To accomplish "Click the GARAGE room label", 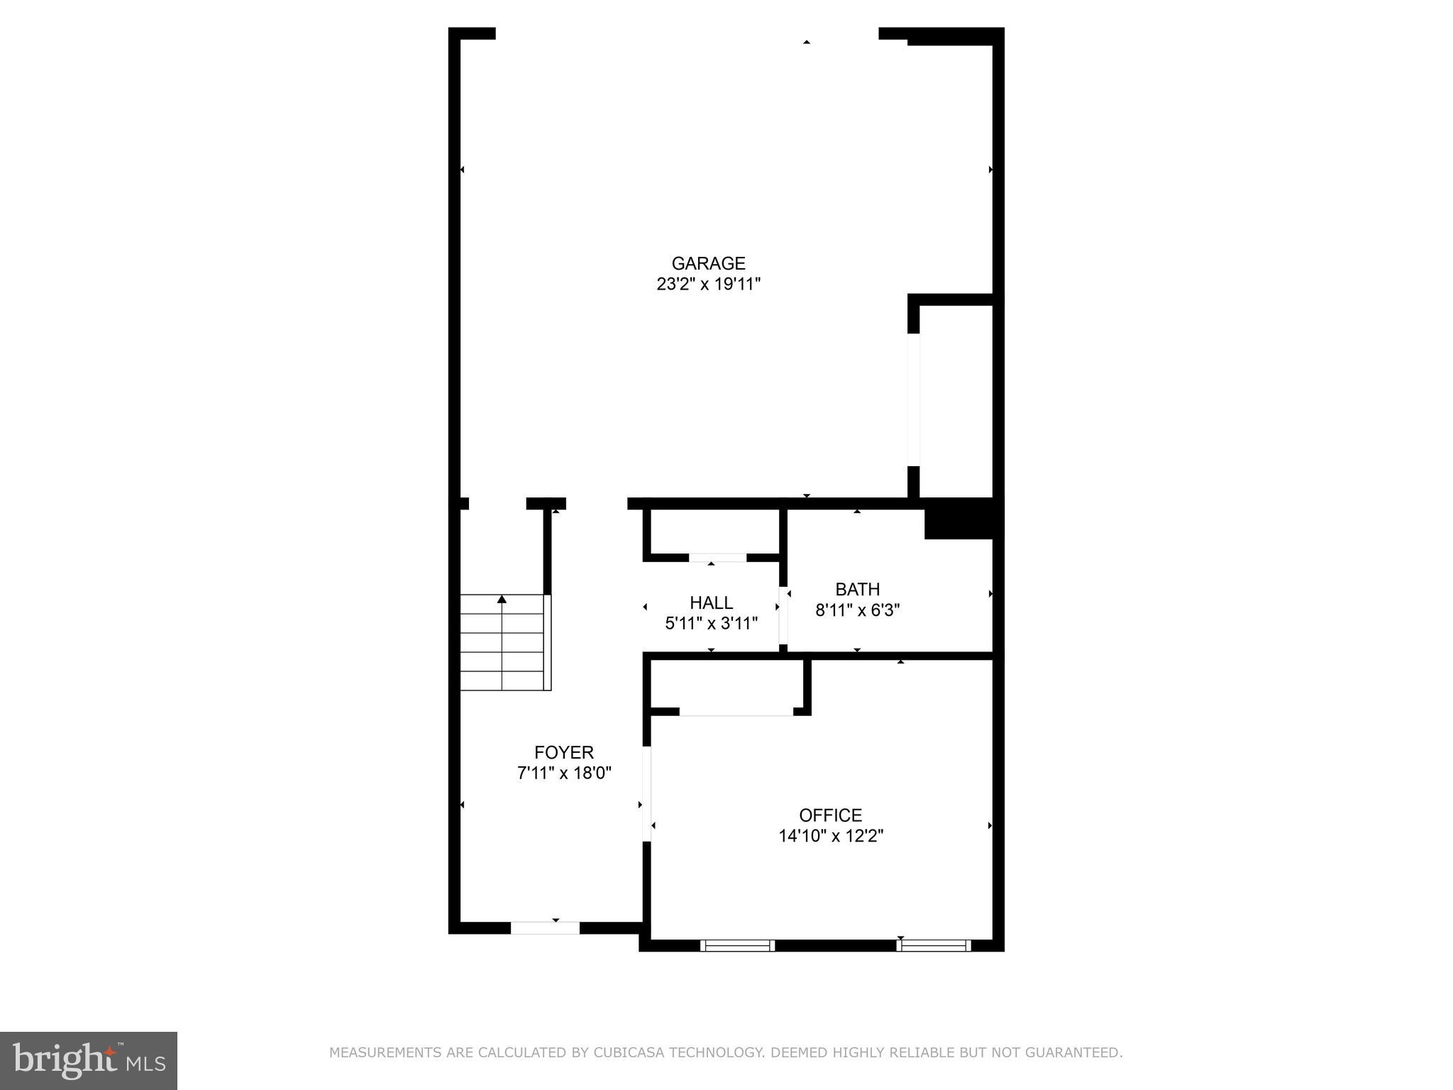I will (x=708, y=263).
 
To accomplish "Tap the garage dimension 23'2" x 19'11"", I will (x=708, y=285).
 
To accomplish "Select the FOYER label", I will (x=564, y=752).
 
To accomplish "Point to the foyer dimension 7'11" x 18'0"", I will (x=564, y=773).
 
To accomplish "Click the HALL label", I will (x=711, y=603).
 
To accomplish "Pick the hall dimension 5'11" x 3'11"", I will (x=711, y=624).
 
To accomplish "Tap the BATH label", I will (x=857, y=589).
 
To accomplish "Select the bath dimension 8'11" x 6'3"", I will (x=857, y=610).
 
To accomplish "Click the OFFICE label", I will (x=830, y=815).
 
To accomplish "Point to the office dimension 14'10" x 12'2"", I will (x=830, y=836).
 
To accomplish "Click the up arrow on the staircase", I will (x=502, y=600).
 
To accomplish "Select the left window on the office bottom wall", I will (x=737, y=945).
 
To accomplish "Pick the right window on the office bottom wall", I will (x=933, y=945).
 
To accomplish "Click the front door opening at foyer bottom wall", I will (x=545, y=927).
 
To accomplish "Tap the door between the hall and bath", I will (x=783, y=615).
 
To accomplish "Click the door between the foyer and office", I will (x=646, y=793).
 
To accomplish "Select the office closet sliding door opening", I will (x=736, y=712).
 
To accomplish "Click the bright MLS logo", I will (x=89, y=1060).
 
